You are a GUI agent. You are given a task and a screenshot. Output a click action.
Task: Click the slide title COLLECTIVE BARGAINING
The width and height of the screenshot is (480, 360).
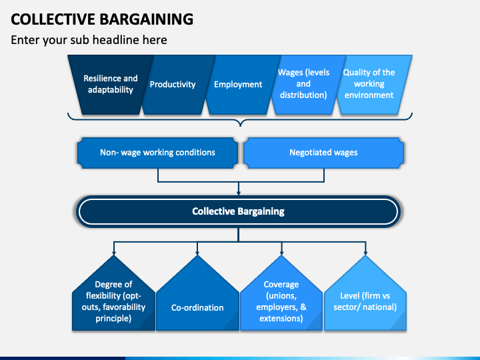[102, 19]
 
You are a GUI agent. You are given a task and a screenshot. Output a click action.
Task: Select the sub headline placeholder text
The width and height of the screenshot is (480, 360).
[89, 40]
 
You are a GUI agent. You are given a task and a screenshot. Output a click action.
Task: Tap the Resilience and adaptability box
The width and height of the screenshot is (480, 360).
[111, 85]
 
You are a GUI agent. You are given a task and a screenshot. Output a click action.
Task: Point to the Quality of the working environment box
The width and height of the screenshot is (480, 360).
[372, 85]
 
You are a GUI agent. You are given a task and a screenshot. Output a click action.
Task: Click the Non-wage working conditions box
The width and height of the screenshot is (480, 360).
[157, 153]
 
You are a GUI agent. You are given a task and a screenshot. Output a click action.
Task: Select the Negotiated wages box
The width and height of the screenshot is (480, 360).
[323, 153]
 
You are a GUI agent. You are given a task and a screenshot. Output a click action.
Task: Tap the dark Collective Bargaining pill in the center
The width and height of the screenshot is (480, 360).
[238, 211]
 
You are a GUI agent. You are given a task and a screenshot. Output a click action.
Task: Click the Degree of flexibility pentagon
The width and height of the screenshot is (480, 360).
[113, 294]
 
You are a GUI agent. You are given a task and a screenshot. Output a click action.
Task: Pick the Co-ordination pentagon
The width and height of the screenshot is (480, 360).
[197, 294]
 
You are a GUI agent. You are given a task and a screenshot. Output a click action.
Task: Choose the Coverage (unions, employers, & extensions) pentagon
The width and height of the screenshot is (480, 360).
[281, 294]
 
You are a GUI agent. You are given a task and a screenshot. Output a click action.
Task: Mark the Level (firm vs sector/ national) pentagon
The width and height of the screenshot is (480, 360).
[365, 294]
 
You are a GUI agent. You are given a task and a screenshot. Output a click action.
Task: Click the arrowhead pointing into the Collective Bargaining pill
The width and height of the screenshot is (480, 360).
[239, 193]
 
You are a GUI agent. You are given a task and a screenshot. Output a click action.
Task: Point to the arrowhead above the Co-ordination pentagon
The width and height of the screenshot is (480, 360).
[197, 253]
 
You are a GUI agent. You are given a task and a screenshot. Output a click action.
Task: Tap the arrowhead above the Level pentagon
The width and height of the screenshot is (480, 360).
[365, 253]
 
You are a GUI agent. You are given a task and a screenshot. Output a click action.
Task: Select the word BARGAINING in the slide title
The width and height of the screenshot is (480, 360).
[146, 19]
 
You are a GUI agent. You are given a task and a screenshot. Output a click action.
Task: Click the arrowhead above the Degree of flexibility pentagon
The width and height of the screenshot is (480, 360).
[114, 253]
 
